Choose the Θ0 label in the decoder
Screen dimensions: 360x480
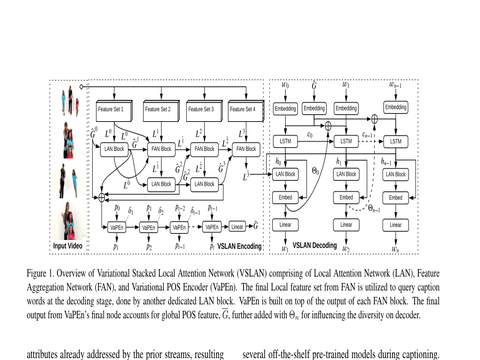[x=316, y=170]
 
